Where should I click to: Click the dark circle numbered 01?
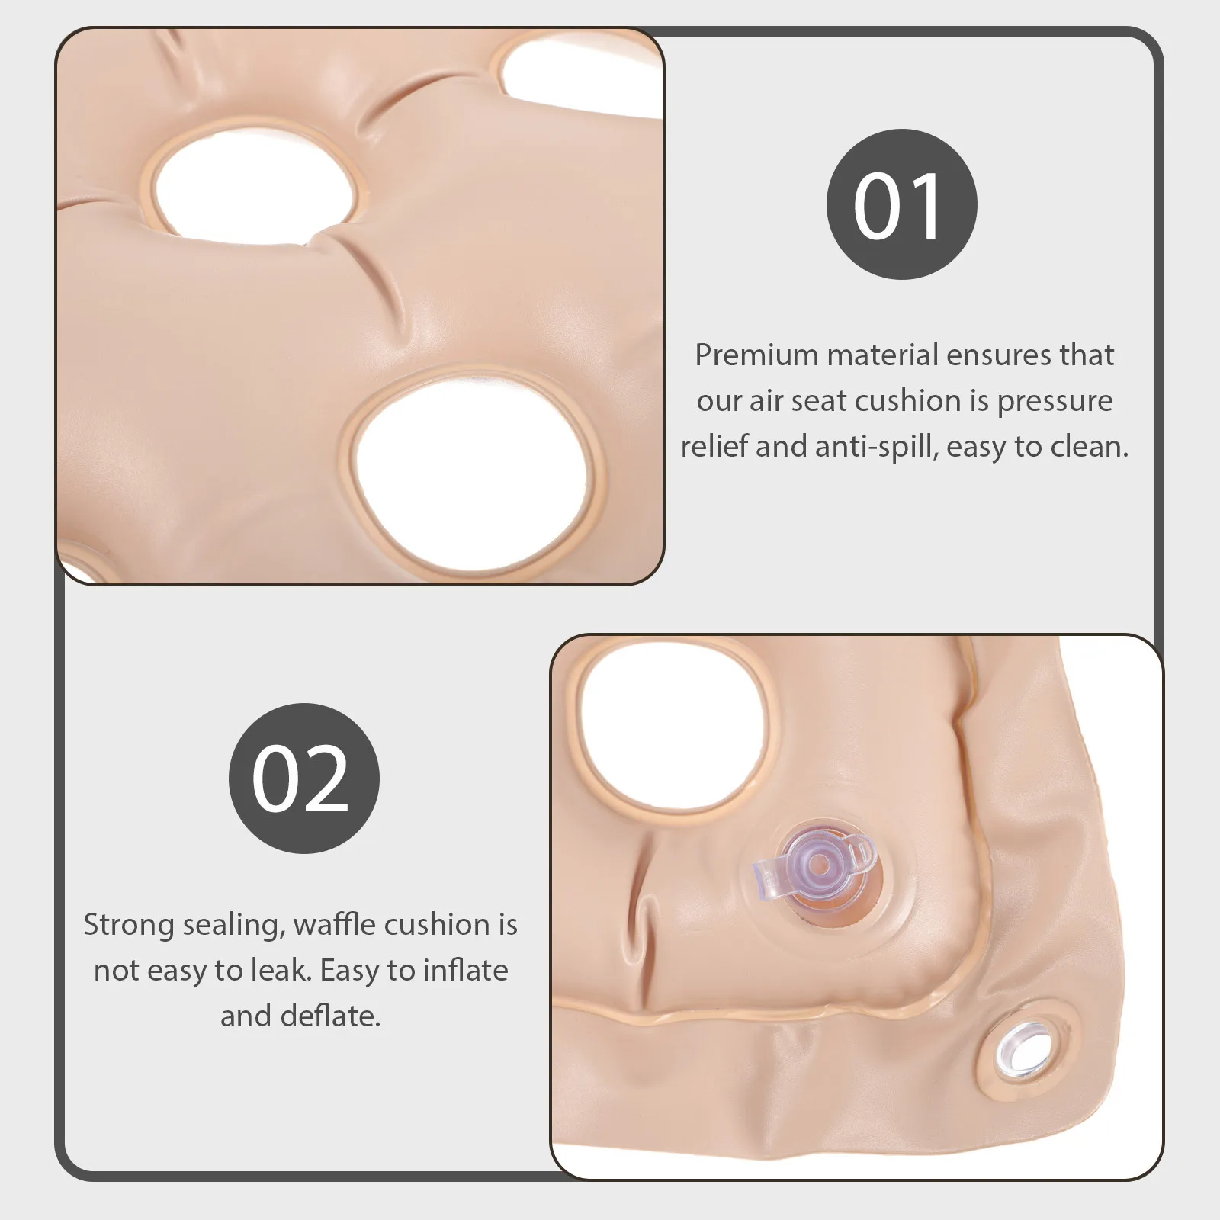tap(901, 204)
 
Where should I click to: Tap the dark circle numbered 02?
tap(303, 778)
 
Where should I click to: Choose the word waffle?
tap(334, 925)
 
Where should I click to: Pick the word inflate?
tap(465, 971)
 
